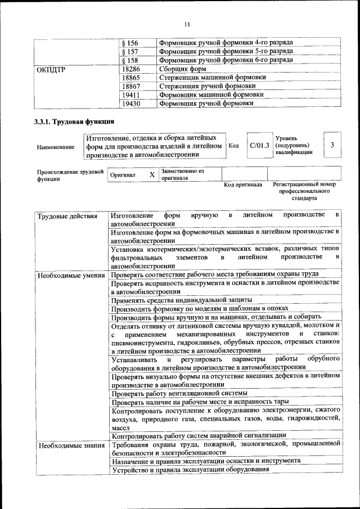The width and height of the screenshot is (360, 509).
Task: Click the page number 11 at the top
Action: pos(187,24)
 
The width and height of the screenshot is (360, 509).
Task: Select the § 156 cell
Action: pos(130,43)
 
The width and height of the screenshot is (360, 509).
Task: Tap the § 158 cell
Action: pos(130,60)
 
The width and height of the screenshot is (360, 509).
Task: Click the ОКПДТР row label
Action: pos(53,69)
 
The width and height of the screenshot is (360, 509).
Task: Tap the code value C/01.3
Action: pos(259,146)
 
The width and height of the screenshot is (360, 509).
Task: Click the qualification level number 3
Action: pos(332,145)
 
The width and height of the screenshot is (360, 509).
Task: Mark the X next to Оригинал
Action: pos(152,174)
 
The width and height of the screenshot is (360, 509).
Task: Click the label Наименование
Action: pos(56,147)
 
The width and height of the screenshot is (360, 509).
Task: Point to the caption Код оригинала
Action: pos(243,184)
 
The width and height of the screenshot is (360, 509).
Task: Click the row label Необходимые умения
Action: pos(71,275)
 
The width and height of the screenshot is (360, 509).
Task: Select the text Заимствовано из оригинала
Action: pos(182,174)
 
